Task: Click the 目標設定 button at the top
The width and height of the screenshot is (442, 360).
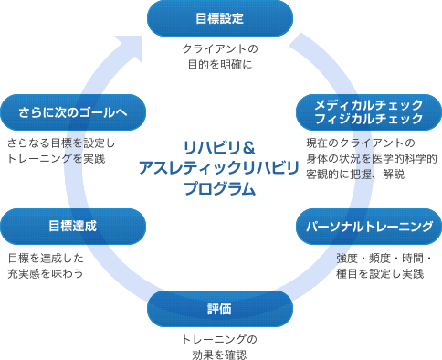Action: click(220, 17)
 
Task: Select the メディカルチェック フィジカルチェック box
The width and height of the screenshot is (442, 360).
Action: click(369, 112)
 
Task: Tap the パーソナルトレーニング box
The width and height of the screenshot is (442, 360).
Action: click(369, 225)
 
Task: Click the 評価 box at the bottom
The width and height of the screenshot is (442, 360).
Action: click(220, 309)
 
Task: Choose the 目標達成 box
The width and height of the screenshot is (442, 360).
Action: click(73, 224)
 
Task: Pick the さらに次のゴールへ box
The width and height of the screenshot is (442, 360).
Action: click(73, 112)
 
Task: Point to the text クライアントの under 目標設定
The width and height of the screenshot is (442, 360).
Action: click(220, 48)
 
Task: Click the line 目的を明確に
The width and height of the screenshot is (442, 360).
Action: click(220, 65)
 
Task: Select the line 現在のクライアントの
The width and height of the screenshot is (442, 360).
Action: click(361, 143)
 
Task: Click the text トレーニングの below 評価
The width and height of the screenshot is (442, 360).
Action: click(220, 339)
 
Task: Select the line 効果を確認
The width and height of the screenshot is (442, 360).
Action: click(220, 355)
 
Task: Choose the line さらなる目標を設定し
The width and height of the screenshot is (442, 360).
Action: click(60, 143)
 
